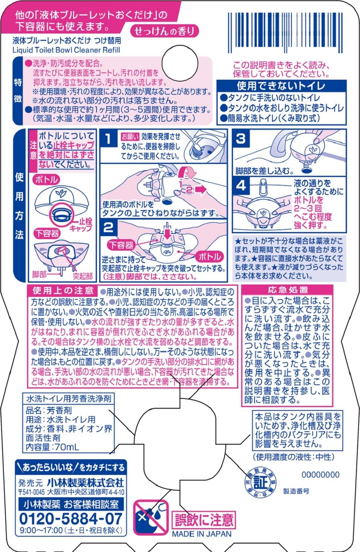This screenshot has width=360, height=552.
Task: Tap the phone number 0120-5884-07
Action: point(70,518)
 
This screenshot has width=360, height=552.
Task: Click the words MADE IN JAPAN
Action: point(202,534)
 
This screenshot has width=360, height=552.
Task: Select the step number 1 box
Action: point(108,139)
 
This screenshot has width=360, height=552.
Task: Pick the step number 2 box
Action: point(108,227)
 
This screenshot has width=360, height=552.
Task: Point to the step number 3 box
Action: point(241,139)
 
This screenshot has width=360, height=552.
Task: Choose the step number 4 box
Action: point(241,185)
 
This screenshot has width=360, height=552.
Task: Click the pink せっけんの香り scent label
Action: point(164,31)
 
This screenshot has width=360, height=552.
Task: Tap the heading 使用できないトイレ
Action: point(281,86)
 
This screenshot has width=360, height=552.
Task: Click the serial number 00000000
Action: point(320,475)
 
